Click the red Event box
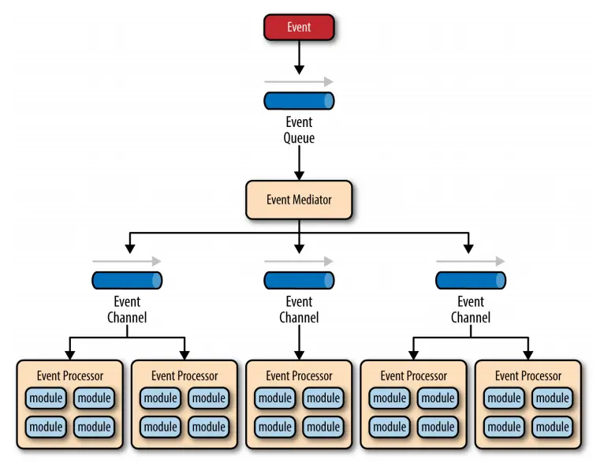[299, 28]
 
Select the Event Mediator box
[299, 200]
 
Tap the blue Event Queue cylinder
[299, 101]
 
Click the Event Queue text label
[299, 130]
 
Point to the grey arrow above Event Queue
[299, 82]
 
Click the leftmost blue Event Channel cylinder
[127, 281]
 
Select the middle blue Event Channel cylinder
[299, 281]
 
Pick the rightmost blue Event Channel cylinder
[471, 281]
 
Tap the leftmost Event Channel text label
[127, 310]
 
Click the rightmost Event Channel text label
[471, 310]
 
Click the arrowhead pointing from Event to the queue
[299, 69]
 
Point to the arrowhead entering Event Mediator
[299, 175]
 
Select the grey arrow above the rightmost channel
[471, 262]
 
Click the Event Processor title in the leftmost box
[70, 376]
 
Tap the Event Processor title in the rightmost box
[528, 376]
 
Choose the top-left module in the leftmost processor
[46, 398]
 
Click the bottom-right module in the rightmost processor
[553, 427]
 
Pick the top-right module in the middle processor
[323, 398]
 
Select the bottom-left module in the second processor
[160, 427]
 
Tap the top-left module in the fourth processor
[390, 398]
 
